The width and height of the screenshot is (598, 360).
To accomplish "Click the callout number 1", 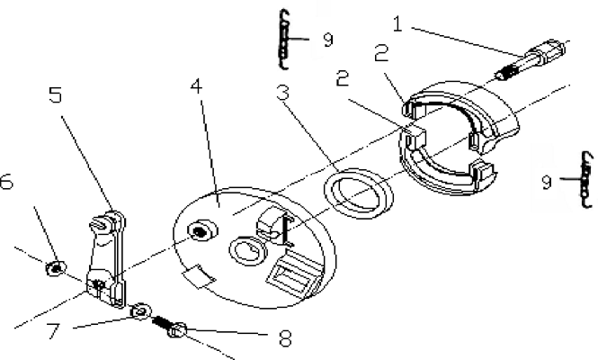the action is pos(397,24).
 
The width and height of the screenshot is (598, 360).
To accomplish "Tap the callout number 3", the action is pos(282,93).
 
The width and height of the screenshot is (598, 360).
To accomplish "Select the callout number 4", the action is pos(196,86).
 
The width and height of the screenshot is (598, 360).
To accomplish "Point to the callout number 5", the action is pos(56,94).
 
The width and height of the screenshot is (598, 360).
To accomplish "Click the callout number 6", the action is pos(6,181).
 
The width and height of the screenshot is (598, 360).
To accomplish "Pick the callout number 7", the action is pos(53,330).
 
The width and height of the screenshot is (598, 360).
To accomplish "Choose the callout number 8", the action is pos(285,337).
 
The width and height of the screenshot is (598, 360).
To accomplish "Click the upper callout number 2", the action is pos(381,53).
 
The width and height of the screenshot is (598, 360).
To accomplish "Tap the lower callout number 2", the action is pos(343,78).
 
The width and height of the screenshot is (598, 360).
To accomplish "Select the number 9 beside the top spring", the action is pos(328,40).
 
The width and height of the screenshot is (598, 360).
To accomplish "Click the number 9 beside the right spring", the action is pos(547,182).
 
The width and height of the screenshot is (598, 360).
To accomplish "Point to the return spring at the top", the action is pos(284,40).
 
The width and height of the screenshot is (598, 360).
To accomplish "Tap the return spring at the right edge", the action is pos(586,180).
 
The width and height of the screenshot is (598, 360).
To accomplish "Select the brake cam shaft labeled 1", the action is pos(531,58).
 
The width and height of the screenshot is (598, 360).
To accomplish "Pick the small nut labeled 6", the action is pos(56,268).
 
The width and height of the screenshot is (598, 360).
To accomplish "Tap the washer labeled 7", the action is pos(140,311).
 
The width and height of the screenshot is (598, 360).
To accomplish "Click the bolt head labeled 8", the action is pos(177,329).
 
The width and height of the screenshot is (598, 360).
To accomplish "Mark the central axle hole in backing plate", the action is pos(248,251).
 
